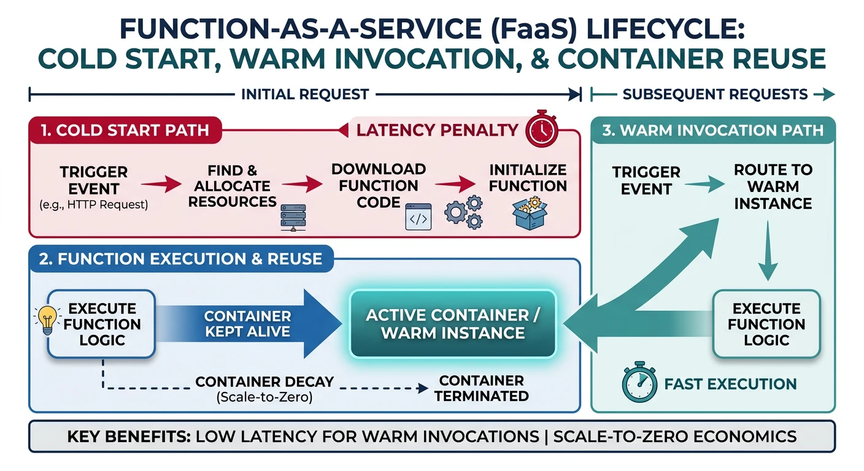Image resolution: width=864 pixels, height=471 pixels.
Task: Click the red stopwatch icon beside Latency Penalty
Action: [541, 128]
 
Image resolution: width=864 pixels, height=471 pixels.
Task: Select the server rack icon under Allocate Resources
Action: [293, 218]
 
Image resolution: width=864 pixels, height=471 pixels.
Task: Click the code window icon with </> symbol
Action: [418, 218]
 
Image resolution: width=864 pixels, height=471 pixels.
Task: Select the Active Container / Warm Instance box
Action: [452, 324]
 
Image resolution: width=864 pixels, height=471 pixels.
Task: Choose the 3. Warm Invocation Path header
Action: [712, 130]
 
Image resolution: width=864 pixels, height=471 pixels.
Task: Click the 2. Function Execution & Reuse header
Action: [181, 258]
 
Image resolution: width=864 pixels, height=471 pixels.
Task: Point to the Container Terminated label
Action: [481, 389]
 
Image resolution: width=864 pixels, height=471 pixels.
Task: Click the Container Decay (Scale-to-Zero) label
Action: [264, 389]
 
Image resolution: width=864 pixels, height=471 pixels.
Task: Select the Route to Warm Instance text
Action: [773, 186]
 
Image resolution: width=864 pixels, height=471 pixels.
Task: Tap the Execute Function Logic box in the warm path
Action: [766, 324]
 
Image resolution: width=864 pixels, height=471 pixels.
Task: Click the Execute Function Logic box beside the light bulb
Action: [102, 324]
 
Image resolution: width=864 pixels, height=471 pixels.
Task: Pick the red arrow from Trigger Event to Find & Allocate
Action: [161, 183]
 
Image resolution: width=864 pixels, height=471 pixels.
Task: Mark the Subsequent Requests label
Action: [715, 94]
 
